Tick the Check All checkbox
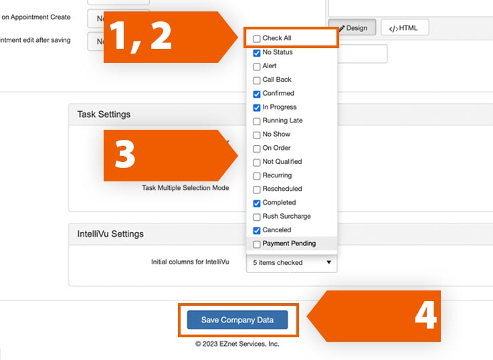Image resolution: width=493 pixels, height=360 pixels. pos(257,39)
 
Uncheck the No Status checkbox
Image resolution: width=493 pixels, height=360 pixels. pos(257,53)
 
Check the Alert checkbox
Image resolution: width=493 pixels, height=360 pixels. pos(257,67)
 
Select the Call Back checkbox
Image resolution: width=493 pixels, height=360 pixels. pos(257,80)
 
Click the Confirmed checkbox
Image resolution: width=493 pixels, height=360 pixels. pos(257,94)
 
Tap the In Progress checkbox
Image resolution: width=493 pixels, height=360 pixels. pos(257,108)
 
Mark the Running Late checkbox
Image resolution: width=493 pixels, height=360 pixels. pos(257,121)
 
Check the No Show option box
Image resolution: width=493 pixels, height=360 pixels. pos(257,135)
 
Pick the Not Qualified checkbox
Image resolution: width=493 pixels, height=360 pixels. pos(257,162)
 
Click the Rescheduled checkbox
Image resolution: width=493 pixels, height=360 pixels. pos(257,189)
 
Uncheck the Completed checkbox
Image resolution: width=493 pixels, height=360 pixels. pos(257,203)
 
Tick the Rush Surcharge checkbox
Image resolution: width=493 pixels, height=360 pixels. pos(257,217)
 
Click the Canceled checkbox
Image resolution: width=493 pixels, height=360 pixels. pos(257,230)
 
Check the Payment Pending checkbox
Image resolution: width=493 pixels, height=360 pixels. pos(257,244)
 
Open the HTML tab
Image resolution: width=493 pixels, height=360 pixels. pos(405,28)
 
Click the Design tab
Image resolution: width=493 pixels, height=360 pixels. pos(352,28)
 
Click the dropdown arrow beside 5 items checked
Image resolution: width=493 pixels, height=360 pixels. pos(328,262)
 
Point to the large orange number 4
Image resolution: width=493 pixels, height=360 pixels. pos(425,316)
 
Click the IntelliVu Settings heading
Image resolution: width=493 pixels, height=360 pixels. pos(110,234)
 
